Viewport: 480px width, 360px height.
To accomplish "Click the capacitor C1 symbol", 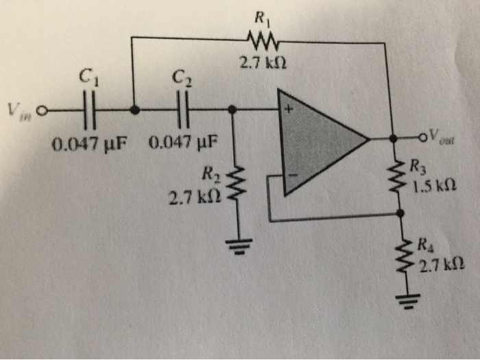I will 89,110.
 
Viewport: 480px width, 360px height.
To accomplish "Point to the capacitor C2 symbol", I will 182,110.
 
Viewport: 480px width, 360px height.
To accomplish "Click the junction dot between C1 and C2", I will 134,110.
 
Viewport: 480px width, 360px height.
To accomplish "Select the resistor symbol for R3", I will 395,177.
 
